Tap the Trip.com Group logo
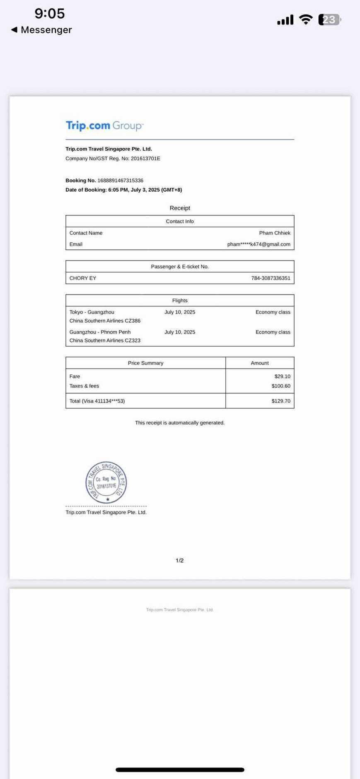pos(104,125)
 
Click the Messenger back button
pos(41,30)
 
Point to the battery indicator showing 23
pos(329,19)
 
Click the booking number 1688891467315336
pos(120,181)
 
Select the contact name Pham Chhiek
pos(274,233)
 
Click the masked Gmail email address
pos(259,244)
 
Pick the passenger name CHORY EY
pos(83,278)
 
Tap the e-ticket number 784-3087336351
pos(271,278)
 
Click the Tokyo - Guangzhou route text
pos(92,312)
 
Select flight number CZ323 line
pos(105,340)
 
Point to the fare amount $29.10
pos(282,376)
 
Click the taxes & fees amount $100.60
pos(281,386)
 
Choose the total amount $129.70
pos(281,401)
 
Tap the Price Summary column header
pos(145,363)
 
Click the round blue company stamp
pos(106,482)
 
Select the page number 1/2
pos(179,560)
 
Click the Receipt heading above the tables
pos(180,208)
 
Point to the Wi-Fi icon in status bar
pos(306,19)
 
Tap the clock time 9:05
pos(50,13)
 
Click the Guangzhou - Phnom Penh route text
pos(100,332)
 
